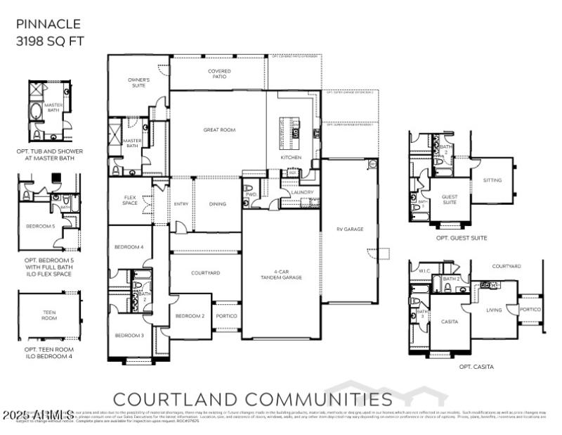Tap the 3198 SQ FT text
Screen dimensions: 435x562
pyautogui.click(x=50, y=40)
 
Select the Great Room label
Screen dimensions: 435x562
pyautogui.click(x=219, y=130)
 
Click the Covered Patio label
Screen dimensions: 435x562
pyautogui.click(x=219, y=74)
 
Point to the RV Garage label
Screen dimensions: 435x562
pyautogui.click(x=349, y=229)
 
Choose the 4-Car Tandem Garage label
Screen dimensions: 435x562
pyautogui.click(x=288, y=275)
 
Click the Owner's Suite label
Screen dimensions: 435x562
pyautogui.click(x=138, y=83)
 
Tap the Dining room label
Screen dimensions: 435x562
pyautogui.click(x=217, y=204)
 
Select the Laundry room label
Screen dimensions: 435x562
pyautogui.click(x=302, y=191)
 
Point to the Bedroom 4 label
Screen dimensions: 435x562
pyautogui.click(x=130, y=247)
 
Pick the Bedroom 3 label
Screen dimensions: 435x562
pyautogui.click(x=130, y=335)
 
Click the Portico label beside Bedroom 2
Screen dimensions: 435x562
pyautogui.click(x=226, y=316)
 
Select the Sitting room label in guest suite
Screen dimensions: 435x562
pyautogui.click(x=492, y=180)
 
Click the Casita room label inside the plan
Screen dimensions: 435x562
pyautogui.click(x=449, y=322)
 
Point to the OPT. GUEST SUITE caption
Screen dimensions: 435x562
pyautogui.click(x=462, y=238)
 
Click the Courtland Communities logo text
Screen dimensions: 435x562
pyautogui.click(x=253, y=399)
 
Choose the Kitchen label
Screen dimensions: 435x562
pyautogui.click(x=291, y=158)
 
